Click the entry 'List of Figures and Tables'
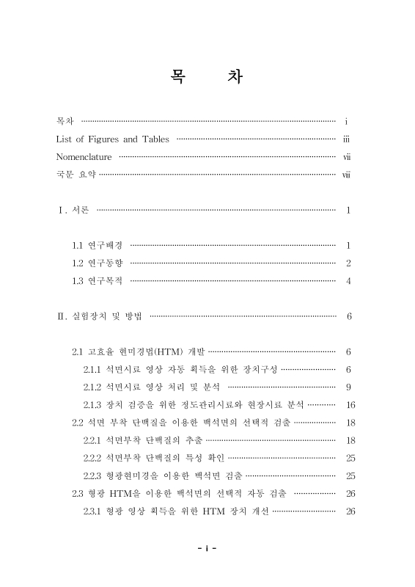click(x=112, y=139)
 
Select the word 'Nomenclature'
click(x=84, y=157)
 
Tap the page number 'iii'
click(x=348, y=139)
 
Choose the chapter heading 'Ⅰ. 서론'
click(x=74, y=211)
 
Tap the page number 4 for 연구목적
click(x=349, y=281)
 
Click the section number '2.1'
click(x=78, y=351)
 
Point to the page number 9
click(x=350, y=387)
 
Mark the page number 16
click(x=350, y=405)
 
